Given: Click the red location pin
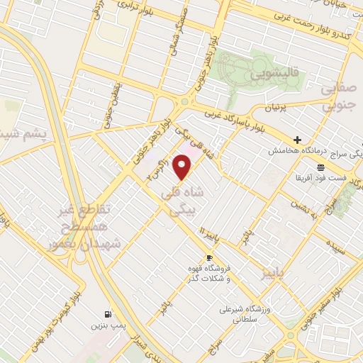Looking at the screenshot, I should click(x=183, y=167).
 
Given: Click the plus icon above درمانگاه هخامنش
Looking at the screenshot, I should click(x=297, y=140).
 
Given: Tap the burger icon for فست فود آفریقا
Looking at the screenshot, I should click(x=320, y=167).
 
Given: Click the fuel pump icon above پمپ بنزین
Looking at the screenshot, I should click(x=107, y=313).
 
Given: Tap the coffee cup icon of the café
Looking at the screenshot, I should click(x=209, y=257).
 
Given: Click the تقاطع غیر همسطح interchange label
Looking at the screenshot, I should click(x=91, y=225).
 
